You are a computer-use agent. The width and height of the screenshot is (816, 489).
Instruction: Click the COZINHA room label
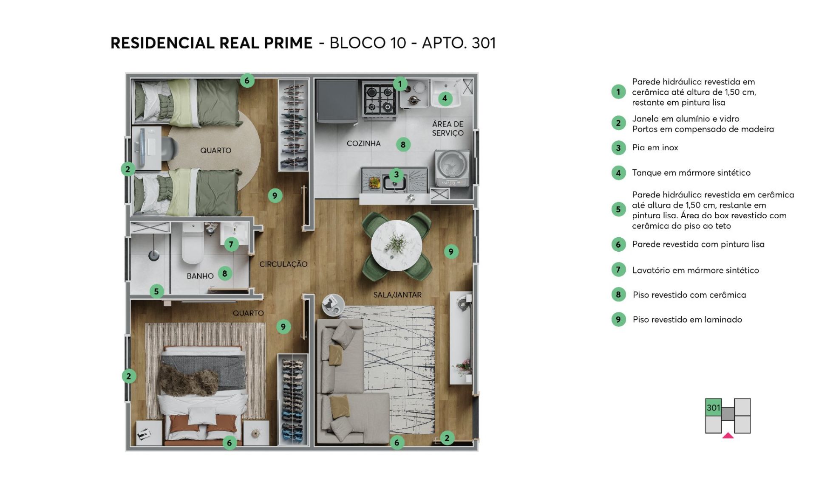coord(363,143)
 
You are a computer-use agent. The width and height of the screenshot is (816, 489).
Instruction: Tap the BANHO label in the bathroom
coord(200,276)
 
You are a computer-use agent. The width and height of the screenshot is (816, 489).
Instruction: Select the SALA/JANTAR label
coord(397,295)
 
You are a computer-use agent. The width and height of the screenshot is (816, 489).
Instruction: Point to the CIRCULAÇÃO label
coord(283,264)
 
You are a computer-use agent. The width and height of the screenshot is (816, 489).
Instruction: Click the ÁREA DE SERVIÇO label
coord(448,128)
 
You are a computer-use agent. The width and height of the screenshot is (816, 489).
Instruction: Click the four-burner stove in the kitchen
coord(380,99)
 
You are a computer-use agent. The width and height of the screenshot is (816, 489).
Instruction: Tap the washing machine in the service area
coord(453,167)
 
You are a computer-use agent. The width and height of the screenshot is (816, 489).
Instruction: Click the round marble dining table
coord(396,245)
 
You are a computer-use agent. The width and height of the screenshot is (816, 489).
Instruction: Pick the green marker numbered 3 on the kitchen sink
coord(396,174)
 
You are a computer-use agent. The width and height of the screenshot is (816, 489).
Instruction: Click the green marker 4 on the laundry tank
coord(445,98)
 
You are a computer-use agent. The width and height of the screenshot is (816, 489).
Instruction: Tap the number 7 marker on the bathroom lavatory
coord(231,244)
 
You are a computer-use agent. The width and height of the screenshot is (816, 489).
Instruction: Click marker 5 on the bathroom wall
coord(156,291)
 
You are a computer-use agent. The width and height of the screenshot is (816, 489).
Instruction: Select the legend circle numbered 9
coord(618,320)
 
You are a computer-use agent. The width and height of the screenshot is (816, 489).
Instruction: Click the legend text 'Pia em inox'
coord(655,148)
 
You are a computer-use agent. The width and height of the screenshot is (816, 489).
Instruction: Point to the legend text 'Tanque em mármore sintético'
coord(691,173)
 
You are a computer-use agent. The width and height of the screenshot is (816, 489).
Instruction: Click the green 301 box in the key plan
coord(713,408)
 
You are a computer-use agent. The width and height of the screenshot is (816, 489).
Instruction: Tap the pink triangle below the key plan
coord(728,436)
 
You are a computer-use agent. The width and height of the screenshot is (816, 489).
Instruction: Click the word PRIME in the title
coord(288,43)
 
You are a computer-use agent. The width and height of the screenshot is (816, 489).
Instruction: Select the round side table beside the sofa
coord(333,304)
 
